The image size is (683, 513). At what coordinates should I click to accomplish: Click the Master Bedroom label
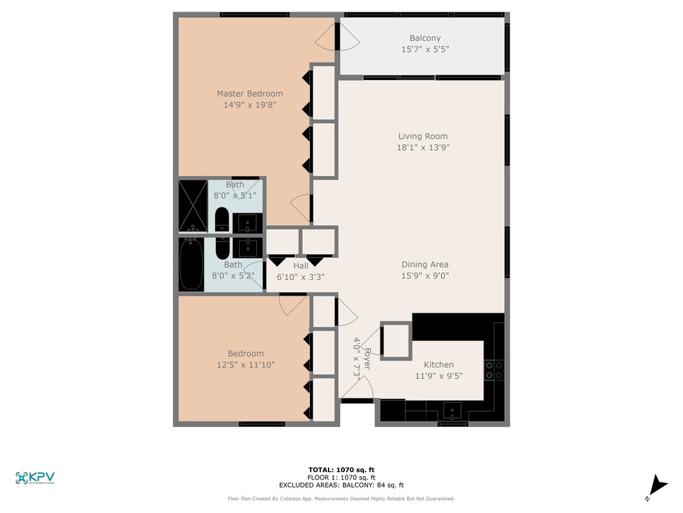pyautogui.click(x=249, y=93)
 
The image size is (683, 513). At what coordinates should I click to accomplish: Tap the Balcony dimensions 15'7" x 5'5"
pyautogui.click(x=425, y=49)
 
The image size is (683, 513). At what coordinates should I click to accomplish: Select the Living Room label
pyautogui.click(x=423, y=136)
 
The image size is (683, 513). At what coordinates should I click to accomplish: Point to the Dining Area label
pyautogui.click(x=425, y=264)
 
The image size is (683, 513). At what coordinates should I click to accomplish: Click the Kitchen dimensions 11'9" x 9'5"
pyautogui.click(x=438, y=376)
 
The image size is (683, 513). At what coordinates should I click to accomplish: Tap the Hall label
pyautogui.click(x=301, y=265)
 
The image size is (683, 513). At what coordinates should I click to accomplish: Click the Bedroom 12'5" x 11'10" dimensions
pyautogui.click(x=246, y=365)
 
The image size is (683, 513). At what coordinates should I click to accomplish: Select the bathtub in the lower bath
pyautogui.click(x=191, y=264)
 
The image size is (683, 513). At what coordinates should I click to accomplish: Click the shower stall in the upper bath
pyautogui.click(x=193, y=206)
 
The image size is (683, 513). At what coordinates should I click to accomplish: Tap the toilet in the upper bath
pyautogui.click(x=222, y=220)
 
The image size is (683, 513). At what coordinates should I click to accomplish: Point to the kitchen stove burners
pyautogui.click(x=494, y=370)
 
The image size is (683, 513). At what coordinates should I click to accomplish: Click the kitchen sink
pyautogui.click(x=453, y=411)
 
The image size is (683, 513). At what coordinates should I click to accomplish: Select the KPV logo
pyautogui.click(x=35, y=478)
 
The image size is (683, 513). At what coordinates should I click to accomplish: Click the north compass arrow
pyautogui.click(x=657, y=487)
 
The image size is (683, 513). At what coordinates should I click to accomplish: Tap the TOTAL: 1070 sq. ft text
pyautogui.click(x=341, y=470)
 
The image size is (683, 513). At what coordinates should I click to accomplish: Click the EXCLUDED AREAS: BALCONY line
pyautogui.click(x=341, y=485)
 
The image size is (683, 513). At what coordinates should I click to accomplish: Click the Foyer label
pyautogui.click(x=367, y=358)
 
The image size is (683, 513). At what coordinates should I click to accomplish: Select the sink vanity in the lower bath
pyautogui.click(x=247, y=248)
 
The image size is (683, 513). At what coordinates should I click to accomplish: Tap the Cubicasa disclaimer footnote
pyautogui.click(x=341, y=499)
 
